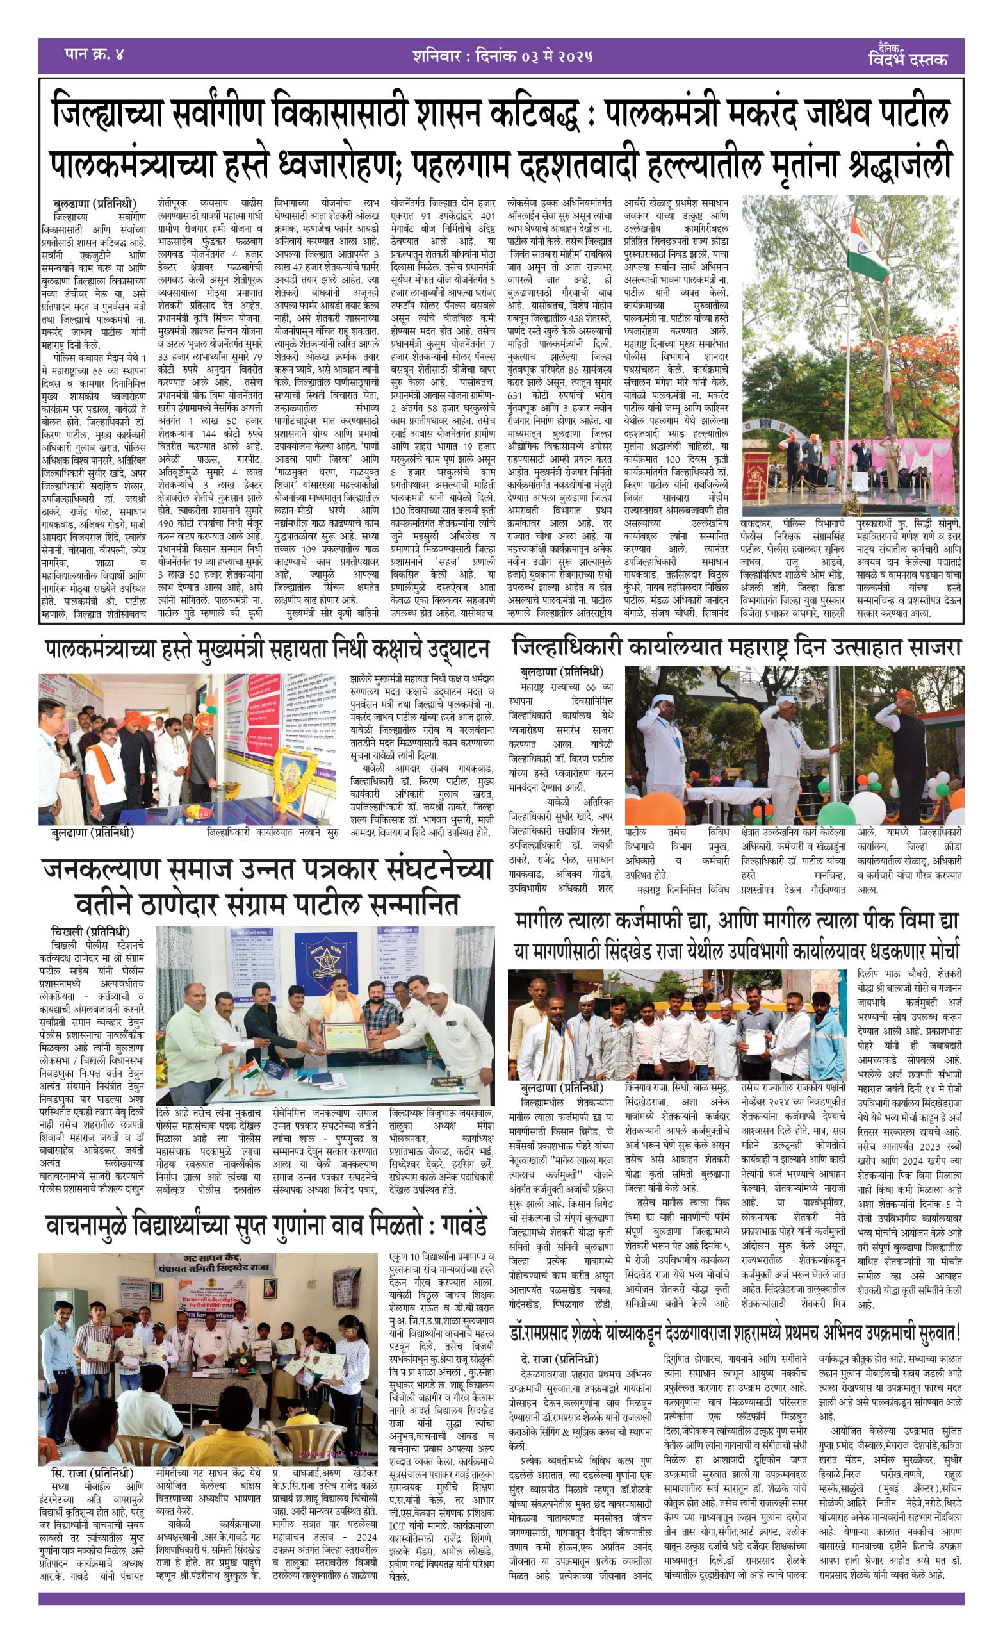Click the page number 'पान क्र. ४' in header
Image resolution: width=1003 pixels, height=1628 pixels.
[94, 54]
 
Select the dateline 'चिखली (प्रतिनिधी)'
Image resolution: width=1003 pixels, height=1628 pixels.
[90, 932]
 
